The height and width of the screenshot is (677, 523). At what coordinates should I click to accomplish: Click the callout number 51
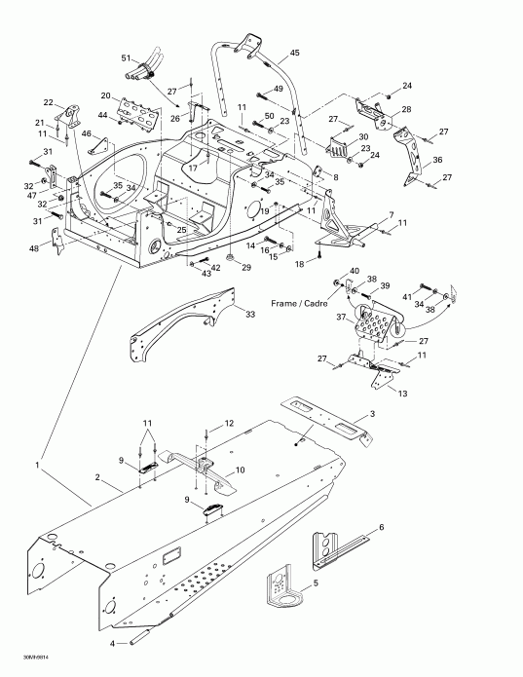tap(126, 59)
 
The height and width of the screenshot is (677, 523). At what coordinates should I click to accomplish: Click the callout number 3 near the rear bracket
tap(371, 415)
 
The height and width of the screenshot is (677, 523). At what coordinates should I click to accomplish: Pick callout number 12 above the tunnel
tap(231, 423)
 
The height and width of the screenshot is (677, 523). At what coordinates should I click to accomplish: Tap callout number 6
tap(381, 526)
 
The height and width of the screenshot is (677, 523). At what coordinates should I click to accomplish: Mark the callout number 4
tap(112, 644)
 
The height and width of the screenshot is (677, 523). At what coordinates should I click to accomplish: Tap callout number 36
tap(437, 161)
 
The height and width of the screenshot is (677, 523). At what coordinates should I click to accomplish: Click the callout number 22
tap(48, 102)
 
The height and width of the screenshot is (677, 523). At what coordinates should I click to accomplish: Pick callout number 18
tap(301, 264)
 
